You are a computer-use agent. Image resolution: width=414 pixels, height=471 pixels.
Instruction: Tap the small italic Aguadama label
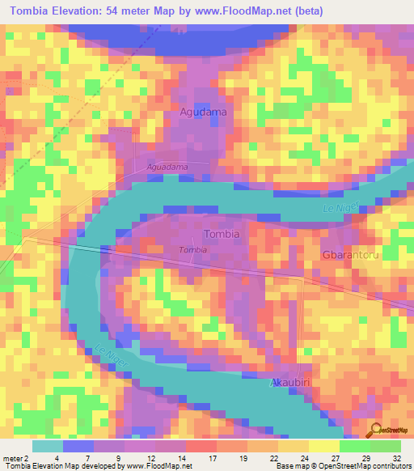click(x=167, y=166)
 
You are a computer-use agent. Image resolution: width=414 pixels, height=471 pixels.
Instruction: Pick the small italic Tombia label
click(x=192, y=250)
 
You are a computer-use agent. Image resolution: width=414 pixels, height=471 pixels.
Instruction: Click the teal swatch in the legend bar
click(x=47, y=446)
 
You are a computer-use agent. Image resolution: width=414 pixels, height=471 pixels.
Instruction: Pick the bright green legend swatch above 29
click(x=354, y=446)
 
